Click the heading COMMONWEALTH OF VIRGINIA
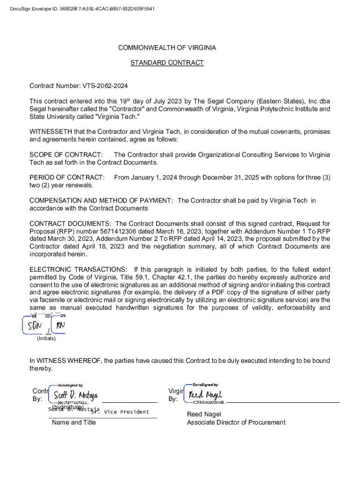coord(167,48)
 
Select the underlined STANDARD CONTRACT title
coord(167,63)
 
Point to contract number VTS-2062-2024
coord(105,86)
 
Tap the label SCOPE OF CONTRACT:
coord(66,155)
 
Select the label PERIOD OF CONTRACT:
coord(67,177)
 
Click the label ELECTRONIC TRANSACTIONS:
coord(78,269)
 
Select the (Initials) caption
coord(46,338)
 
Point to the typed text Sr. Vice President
coord(120,412)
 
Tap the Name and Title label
coord(73,422)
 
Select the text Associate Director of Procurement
coord(236,422)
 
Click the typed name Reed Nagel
coord(204,414)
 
